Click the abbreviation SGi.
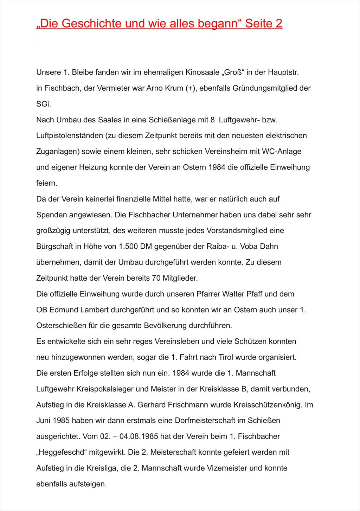(x=44, y=104)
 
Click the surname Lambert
(x=94, y=310)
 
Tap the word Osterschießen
(x=61, y=326)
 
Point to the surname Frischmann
(x=188, y=405)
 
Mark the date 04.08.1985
(x=139, y=437)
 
